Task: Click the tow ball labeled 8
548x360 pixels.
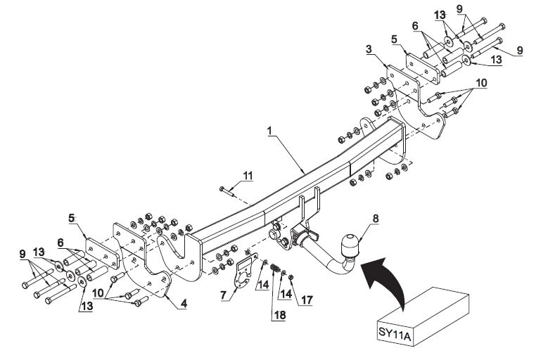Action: click(350, 245)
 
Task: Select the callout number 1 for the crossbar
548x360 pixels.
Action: click(269, 131)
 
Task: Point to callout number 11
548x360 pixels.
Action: click(248, 176)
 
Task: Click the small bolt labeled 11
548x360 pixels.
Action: click(227, 191)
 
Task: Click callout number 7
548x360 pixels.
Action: click(224, 295)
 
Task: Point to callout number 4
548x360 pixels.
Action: click(184, 303)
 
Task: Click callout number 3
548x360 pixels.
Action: click(369, 49)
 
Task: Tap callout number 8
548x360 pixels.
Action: click(376, 219)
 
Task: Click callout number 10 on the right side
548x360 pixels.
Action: click(481, 83)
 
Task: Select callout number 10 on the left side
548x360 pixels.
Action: click(98, 292)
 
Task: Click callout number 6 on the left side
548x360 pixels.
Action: click(60, 243)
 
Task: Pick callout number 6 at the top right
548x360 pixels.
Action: click(415, 26)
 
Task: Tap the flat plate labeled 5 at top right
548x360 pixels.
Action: click(423, 68)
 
